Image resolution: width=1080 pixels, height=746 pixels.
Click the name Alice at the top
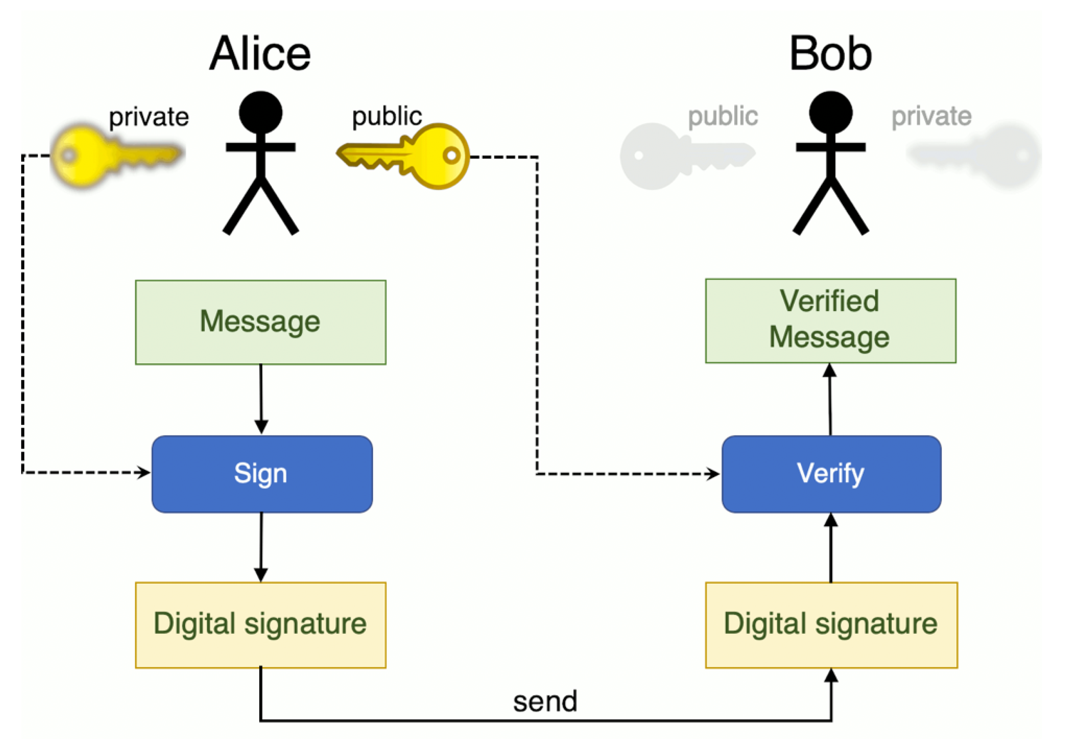260,54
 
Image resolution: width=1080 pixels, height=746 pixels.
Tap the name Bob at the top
830,54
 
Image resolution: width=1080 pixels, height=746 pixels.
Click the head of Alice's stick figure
260,113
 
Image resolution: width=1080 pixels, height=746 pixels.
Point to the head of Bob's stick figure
831,113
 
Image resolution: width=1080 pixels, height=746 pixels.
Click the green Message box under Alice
260,322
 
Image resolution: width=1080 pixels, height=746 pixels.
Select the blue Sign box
262,473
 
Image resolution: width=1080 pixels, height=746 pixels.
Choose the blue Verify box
831,473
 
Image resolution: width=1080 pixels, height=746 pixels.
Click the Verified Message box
830,320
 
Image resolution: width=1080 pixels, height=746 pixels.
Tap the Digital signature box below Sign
260,625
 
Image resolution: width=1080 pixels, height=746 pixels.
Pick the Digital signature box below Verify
831,625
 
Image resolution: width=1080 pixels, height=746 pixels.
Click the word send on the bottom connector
545,701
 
